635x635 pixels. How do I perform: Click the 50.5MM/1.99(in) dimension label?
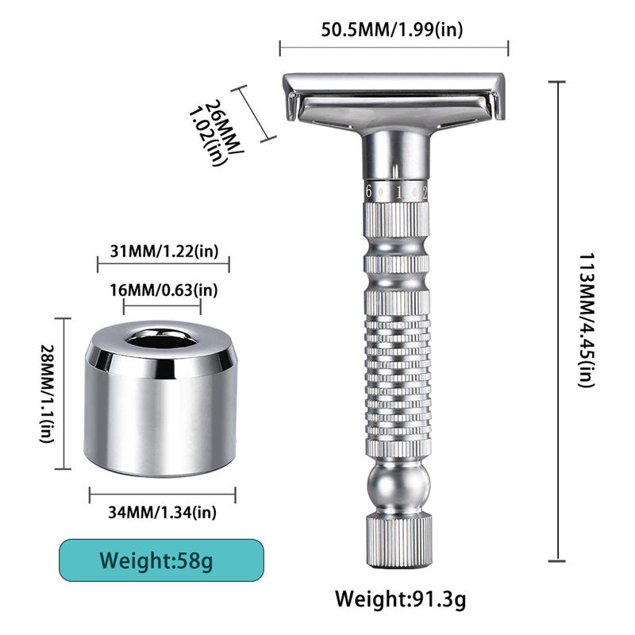(392, 29)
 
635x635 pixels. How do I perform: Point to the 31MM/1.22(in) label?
(163, 252)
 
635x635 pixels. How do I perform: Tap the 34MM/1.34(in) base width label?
(162, 512)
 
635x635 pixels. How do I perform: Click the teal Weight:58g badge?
(160, 562)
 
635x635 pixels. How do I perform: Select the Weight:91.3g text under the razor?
(400, 598)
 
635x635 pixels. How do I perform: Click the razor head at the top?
(394, 98)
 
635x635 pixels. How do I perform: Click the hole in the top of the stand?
(161, 340)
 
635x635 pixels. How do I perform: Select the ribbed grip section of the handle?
(398, 373)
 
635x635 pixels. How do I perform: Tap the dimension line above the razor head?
(394, 48)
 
